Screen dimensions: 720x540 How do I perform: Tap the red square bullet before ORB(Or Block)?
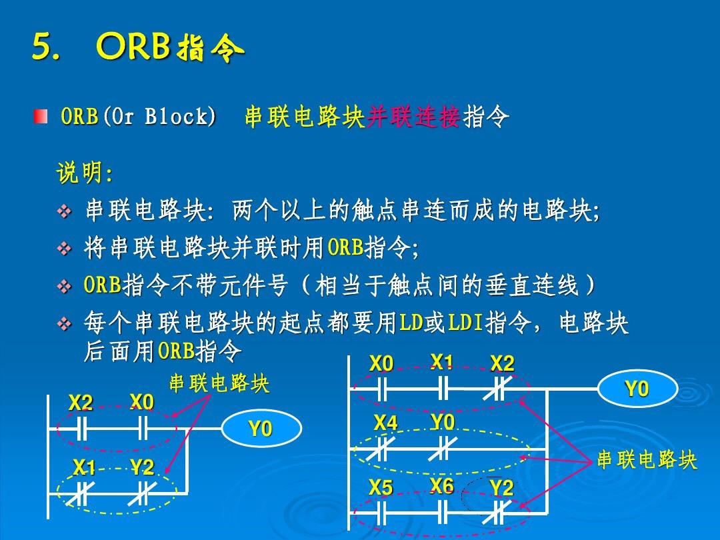click(41, 117)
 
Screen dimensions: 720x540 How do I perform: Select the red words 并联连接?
click(413, 117)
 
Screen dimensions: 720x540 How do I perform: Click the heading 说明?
click(85, 174)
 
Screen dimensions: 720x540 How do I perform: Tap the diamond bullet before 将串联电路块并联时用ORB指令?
click(65, 250)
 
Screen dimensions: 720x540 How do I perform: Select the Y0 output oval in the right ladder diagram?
click(637, 389)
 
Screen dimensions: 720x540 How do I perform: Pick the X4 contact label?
click(385, 423)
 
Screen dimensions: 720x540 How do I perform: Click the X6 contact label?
click(442, 485)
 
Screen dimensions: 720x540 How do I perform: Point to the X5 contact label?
click(381, 488)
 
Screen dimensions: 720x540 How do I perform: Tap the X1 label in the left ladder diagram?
click(83, 468)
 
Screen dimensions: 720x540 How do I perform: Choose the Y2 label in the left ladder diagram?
click(142, 468)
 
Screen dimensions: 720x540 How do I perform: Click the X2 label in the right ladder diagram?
click(502, 363)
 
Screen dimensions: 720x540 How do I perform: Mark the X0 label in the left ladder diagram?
click(142, 402)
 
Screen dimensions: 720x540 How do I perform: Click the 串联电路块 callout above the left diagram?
click(219, 384)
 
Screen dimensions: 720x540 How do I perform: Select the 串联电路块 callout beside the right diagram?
click(647, 460)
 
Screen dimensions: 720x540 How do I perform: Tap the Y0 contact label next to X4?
click(442, 422)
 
